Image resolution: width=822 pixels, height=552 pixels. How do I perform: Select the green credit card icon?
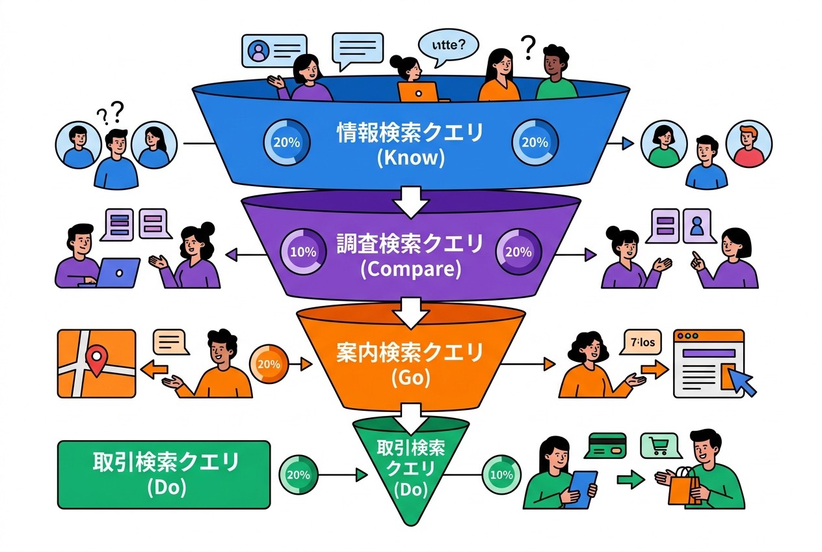tap(605, 446)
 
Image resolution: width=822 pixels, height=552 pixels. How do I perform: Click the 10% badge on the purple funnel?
tap(302, 251)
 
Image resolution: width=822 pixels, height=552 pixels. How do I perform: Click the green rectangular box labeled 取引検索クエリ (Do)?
tap(164, 474)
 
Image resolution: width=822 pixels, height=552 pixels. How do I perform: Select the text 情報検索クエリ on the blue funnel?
tap(410, 134)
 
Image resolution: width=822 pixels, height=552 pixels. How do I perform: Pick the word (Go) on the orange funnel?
tap(410, 378)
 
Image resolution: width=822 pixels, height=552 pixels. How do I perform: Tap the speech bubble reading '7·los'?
tap(641, 340)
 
